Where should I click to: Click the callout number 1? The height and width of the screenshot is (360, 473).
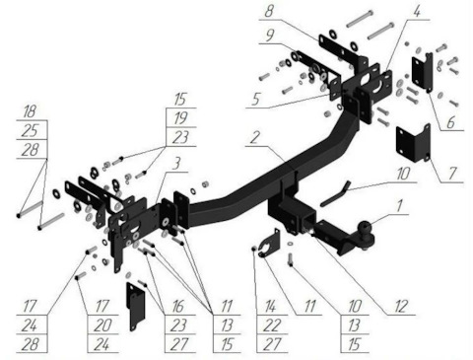click(x=399, y=207)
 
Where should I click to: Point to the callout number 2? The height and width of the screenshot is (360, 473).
click(x=255, y=138)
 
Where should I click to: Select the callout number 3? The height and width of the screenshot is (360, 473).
click(x=176, y=164)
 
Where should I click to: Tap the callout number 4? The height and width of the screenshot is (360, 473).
click(x=416, y=12)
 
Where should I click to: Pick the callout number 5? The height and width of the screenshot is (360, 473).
click(x=257, y=99)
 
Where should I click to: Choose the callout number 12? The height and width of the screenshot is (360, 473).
click(x=402, y=307)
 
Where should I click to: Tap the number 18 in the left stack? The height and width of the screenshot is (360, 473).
click(x=30, y=111)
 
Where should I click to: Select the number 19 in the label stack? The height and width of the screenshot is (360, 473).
click(x=180, y=118)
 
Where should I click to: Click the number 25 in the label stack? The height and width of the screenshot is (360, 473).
click(x=31, y=131)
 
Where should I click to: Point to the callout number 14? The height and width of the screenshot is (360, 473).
click(x=271, y=307)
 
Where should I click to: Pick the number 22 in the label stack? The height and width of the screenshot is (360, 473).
click(x=272, y=325)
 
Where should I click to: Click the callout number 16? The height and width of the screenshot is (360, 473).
click(x=177, y=307)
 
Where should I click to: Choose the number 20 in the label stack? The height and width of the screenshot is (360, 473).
click(x=102, y=325)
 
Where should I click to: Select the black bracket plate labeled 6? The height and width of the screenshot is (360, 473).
click(x=423, y=72)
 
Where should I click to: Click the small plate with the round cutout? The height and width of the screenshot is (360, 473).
click(x=271, y=244)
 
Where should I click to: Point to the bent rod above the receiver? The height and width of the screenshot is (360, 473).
click(x=335, y=193)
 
